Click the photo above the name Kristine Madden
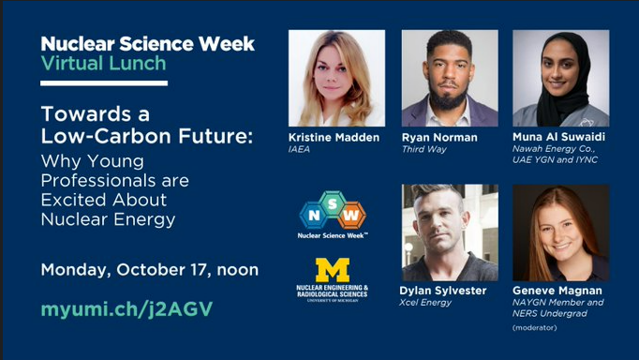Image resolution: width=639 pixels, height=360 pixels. pyautogui.click(x=336, y=78)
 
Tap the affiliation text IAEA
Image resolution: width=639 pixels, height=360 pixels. pyautogui.click(x=299, y=149)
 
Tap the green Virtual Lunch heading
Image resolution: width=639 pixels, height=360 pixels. pyautogui.click(x=103, y=64)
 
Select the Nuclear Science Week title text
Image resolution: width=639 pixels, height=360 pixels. pyautogui.click(x=147, y=43)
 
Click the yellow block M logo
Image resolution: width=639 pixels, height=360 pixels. pyautogui.click(x=332, y=271)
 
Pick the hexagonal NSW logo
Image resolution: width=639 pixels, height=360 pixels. pyautogui.click(x=333, y=213)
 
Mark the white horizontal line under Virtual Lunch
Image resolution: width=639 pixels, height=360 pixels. pyautogui.click(x=104, y=83)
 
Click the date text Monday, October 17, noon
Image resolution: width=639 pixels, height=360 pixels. pyautogui.click(x=149, y=270)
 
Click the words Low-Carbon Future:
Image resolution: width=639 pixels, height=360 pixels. pyautogui.click(x=147, y=137)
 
